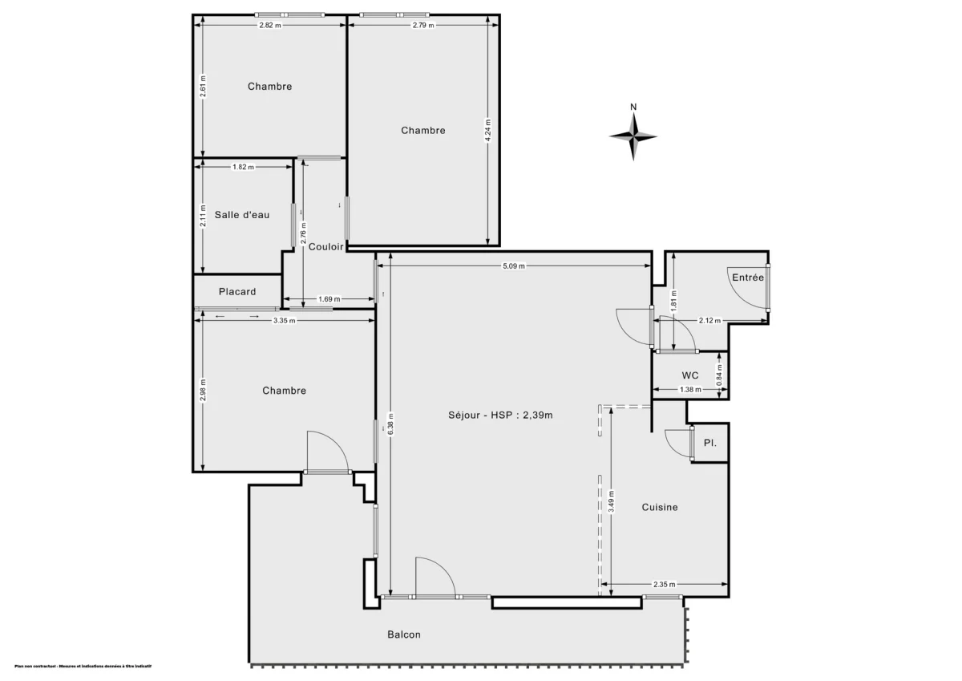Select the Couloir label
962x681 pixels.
[x=326, y=247]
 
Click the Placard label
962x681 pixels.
[x=237, y=291]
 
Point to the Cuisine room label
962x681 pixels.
[x=660, y=507]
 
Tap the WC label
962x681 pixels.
[x=690, y=375]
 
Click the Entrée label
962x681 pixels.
[x=748, y=277]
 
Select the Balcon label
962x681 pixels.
[x=404, y=634]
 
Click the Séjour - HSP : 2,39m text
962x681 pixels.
[x=501, y=415]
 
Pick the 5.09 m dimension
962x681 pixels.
[x=515, y=266]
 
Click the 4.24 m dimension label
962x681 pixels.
[x=488, y=131]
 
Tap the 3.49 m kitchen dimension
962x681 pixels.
[x=611, y=501]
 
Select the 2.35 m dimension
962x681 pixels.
[x=665, y=584]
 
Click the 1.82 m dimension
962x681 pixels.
[x=243, y=167]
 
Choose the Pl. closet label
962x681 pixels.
[x=709, y=443]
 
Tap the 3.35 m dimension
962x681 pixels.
[x=284, y=320]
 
